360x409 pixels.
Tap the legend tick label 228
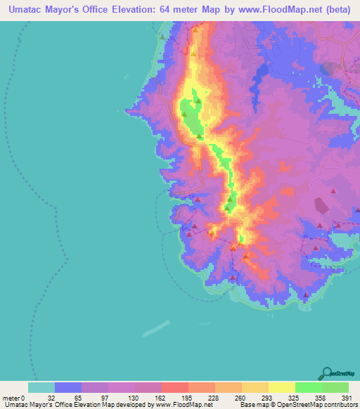coord(214,398)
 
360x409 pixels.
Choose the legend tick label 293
coord(268,398)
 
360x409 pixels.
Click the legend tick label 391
coord(348,398)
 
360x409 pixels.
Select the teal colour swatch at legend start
coord(41,387)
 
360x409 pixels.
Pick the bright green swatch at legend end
coord(335,387)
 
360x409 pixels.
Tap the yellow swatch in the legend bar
coord(281,387)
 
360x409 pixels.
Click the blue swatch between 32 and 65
coord(68,387)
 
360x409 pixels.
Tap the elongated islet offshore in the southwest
coord(156,328)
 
